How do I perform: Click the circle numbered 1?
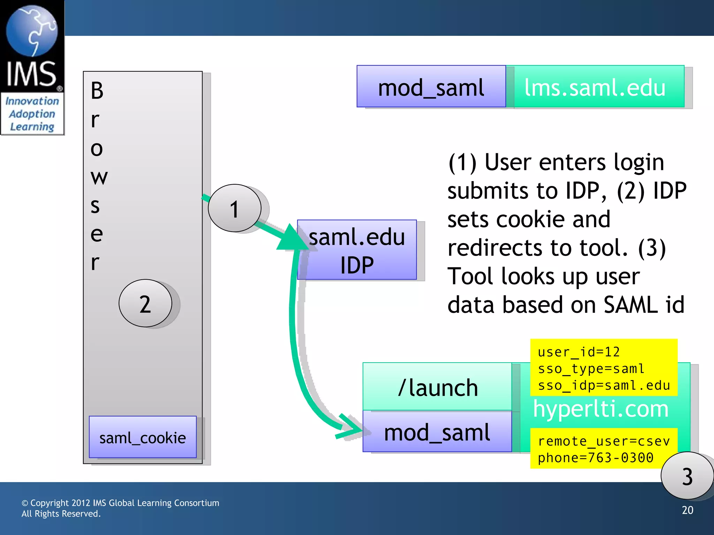click(x=234, y=208)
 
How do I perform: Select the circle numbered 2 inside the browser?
click(x=145, y=303)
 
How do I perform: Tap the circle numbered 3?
click(x=686, y=476)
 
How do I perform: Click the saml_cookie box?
click(x=143, y=437)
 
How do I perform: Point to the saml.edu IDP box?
click(x=357, y=250)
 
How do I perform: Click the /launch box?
click(x=437, y=387)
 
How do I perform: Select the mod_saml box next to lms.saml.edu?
click(x=431, y=87)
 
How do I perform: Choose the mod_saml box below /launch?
click(x=437, y=432)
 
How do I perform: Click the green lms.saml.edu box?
click(x=595, y=87)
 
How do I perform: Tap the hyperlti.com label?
click(x=600, y=409)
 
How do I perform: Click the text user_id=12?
click(x=579, y=352)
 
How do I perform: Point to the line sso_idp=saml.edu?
click(x=604, y=385)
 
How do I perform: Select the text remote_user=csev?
click(x=603, y=441)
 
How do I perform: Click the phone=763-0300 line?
click(x=595, y=458)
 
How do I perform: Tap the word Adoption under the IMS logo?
click(x=32, y=114)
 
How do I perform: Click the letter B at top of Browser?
click(x=97, y=91)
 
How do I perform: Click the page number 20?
click(x=687, y=510)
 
